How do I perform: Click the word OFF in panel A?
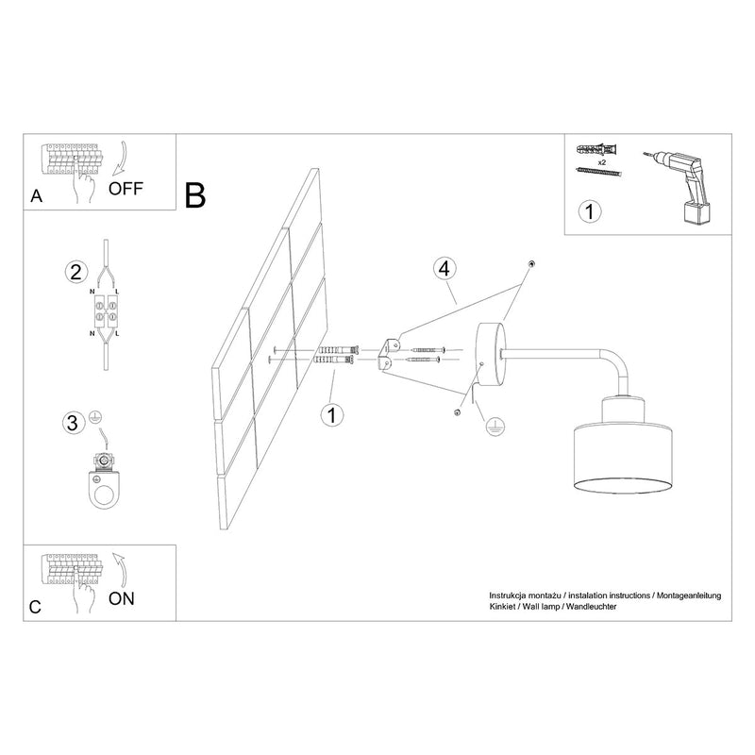pyautogui.click(x=126, y=188)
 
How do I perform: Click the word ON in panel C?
pyautogui.click(x=122, y=598)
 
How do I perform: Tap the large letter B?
pyautogui.click(x=195, y=195)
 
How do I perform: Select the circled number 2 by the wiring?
pyautogui.click(x=76, y=272)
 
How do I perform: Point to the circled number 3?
pyautogui.click(x=73, y=423)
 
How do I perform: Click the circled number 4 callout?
pyautogui.click(x=445, y=269)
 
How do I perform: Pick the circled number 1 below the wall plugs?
pyautogui.click(x=332, y=415)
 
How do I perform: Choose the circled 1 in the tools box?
pyautogui.click(x=589, y=211)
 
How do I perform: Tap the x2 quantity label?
pyautogui.click(x=601, y=162)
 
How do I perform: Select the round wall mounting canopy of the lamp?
pyautogui.click(x=490, y=355)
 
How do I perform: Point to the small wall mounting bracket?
pyautogui.click(x=390, y=354)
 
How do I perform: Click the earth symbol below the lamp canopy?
pyautogui.click(x=495, y=427)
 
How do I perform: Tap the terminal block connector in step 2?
pyautogui.click(x=106, y=310)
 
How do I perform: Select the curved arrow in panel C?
pyautogui.click(x=121, y=570)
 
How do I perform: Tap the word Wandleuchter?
pyautogui.click(x=592, y=607)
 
